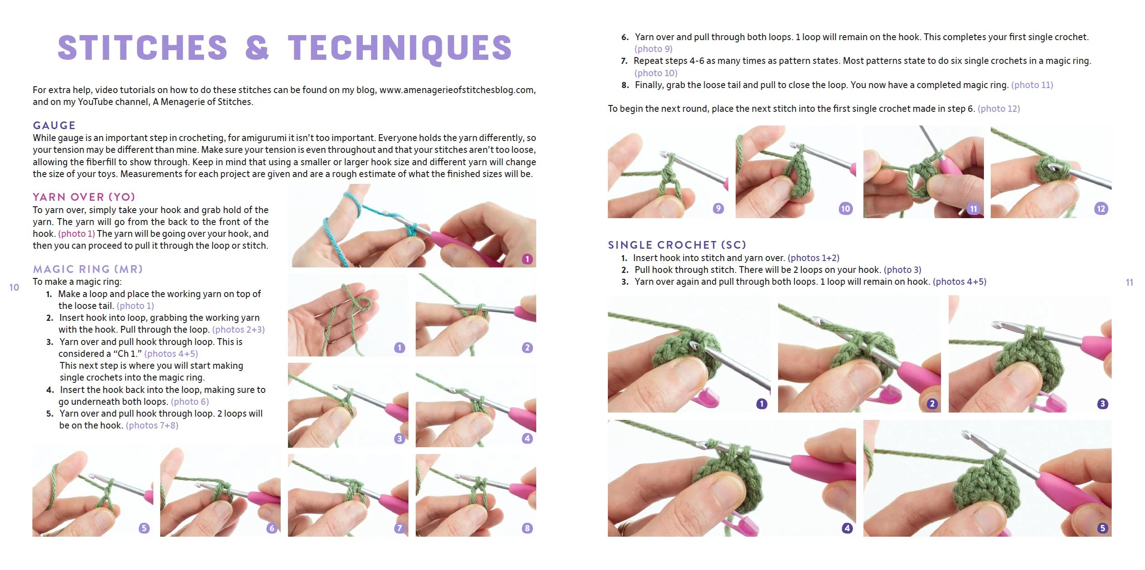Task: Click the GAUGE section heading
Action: (54, 126)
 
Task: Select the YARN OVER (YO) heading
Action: (84, 197)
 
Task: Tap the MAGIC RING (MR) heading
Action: (88, 269)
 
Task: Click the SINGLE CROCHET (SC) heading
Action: (677, 245)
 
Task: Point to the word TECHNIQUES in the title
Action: (400, 48)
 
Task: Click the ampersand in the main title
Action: (257, 47)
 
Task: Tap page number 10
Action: (14, 288)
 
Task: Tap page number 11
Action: (1129, 282)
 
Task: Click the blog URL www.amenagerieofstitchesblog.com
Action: (457, 90)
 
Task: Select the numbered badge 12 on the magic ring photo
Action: (1101, 209)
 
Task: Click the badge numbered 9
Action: (718, 209)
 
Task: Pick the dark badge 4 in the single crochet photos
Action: (847, 528)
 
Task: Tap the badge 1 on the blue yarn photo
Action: (527, 259)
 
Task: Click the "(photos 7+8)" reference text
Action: (152, 426)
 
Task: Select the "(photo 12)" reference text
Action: (999, 109)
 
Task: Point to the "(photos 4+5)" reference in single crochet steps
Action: (959, 282)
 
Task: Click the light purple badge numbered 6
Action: (272, 528)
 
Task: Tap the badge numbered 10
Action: (846, 209)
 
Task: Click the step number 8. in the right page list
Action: (625, 85)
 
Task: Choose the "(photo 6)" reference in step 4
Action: (190, 402)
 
